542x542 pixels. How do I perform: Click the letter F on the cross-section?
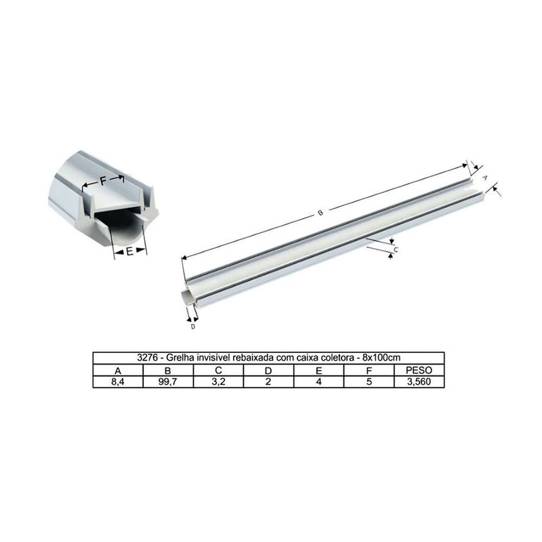103,182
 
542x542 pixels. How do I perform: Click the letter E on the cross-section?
129,252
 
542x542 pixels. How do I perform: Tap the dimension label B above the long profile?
320,213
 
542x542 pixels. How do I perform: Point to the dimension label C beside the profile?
396,249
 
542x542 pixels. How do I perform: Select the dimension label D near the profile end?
193,327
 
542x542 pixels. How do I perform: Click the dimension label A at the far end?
485,176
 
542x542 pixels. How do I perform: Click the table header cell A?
118,370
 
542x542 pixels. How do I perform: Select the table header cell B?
168,370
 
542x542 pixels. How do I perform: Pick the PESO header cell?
419,370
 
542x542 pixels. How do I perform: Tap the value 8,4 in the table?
118,381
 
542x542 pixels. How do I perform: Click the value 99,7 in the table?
168,381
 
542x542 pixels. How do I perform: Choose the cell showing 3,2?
218,381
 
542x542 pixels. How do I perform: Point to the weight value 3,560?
419,381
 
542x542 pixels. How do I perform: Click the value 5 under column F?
369,381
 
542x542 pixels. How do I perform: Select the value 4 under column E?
318,381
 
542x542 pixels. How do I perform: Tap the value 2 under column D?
268,381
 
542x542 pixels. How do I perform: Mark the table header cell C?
218,370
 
